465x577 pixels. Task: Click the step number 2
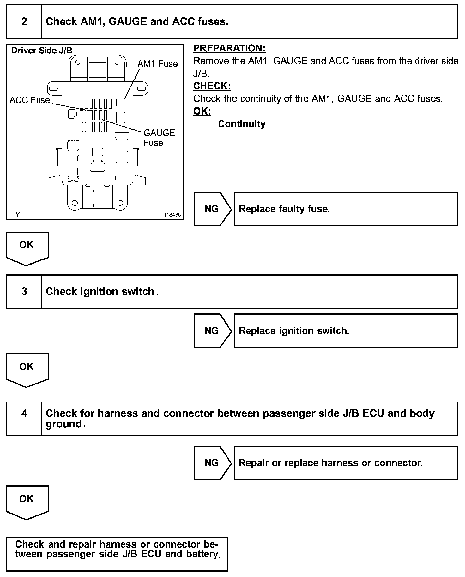pyautogui.click(x=24, y=21)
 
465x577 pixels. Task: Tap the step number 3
pyautogui.click(x=24, y=291)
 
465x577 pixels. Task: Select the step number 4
pyautogui.click(x=24, y=413)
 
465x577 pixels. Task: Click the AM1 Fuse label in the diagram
pyautogui.click(x=157, y=64)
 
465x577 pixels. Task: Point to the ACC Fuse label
pyautogui.click(x=30, y=100)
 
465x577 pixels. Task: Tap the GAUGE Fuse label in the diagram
pyautogui.click(x=159, y=138)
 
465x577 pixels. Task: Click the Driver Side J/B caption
pyautogui.click(x=42, y=51)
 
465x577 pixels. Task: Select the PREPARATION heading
pyautogui.click(x=229, y=48)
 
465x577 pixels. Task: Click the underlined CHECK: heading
pyautogui.click(x=212, y=86)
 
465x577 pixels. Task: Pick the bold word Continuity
pyautogui.click(x=242, y=124)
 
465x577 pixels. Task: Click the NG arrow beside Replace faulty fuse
pyautogui.click(x=212, y=209)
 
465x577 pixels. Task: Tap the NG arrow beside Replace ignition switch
pyautogui.click(x=212, y=330)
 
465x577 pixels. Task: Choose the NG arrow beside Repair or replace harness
pyautogui.click(x=212, y=463)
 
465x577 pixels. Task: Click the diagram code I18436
pyautogui.click(x=172, y=215)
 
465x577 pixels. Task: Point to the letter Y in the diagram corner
pyautogui.click(x=18, y=215)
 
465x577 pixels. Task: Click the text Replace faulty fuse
pyautogui.click(x=284, y=209)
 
